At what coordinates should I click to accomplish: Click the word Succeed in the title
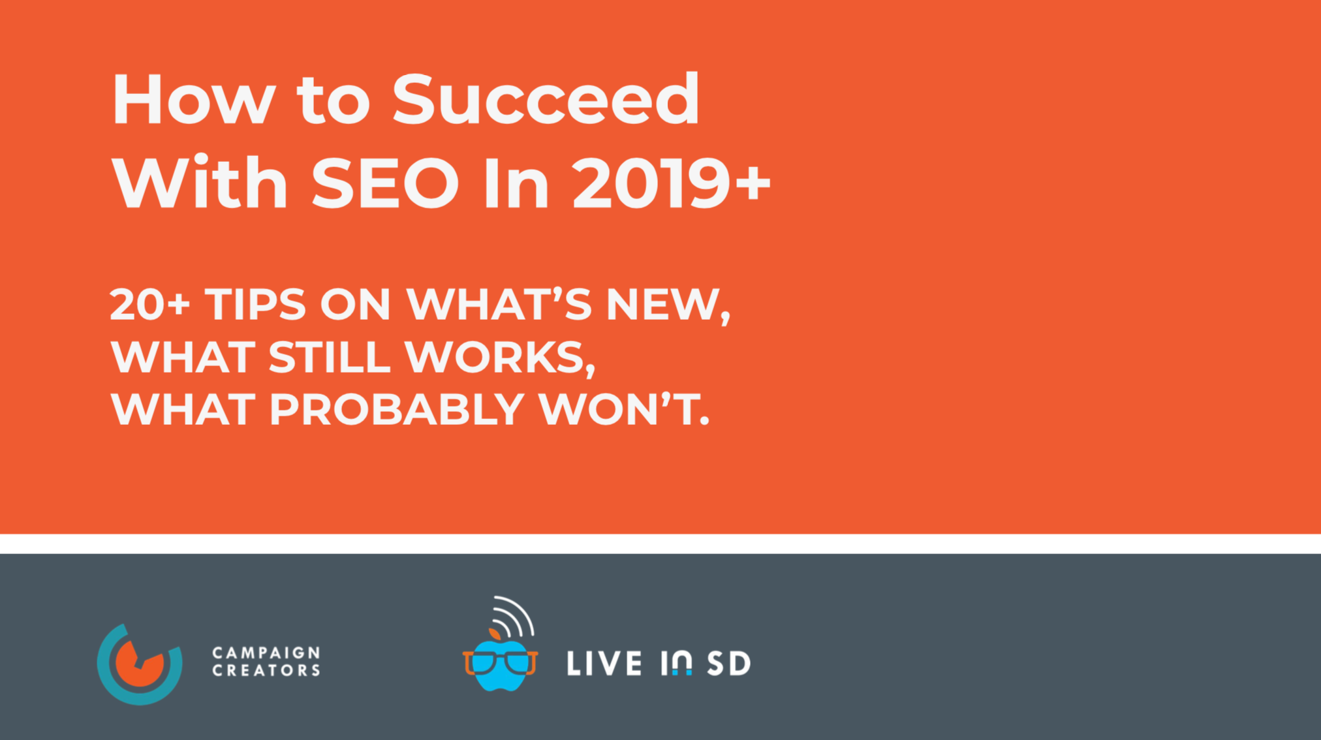pos(546,100)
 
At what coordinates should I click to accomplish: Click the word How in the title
pos(193,100)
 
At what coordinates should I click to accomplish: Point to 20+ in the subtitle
pos(149,305)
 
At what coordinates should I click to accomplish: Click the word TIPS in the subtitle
pos(255,305)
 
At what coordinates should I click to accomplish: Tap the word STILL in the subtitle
pos(329,357)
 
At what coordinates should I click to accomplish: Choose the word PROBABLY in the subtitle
pos(396,409)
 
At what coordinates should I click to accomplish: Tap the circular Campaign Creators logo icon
pos(140,664)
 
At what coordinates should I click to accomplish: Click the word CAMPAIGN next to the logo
pos(266,653)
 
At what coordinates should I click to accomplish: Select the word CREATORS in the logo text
pos(266,671)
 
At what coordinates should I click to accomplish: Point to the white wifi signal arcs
pos(516,615)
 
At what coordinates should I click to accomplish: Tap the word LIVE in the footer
pos(604,664)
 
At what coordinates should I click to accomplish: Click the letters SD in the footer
pos(729,664)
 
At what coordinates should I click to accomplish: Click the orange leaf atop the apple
pos(495,634)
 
